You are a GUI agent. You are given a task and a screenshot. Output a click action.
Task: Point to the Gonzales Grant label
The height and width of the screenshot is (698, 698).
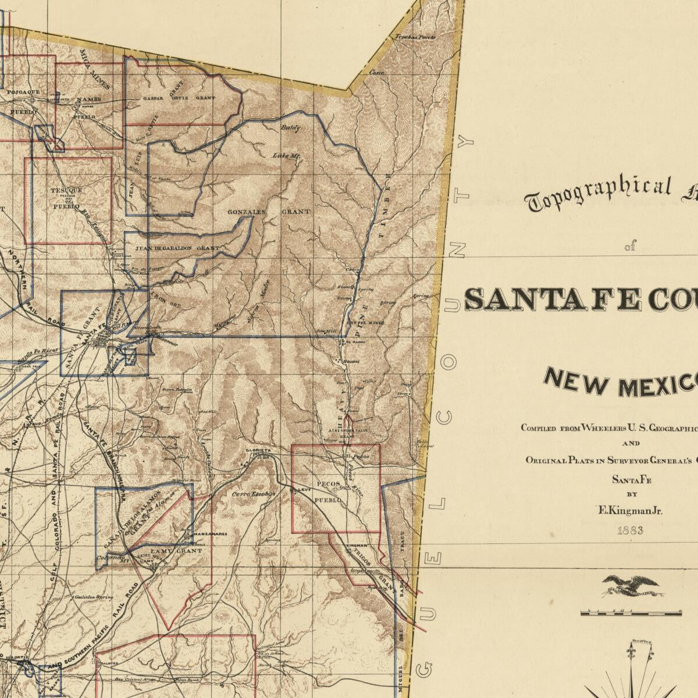[x=269, y=212]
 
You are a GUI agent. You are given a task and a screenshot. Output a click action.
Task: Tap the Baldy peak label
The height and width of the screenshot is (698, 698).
[x=290, y=127]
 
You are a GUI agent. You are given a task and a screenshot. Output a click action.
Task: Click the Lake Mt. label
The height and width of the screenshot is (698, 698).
[x=286, y=155]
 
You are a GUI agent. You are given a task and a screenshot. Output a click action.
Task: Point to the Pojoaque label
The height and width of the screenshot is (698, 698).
[x=24, y=92]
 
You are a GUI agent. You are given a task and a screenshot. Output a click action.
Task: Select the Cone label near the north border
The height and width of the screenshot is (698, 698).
[x=377, y=73]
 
